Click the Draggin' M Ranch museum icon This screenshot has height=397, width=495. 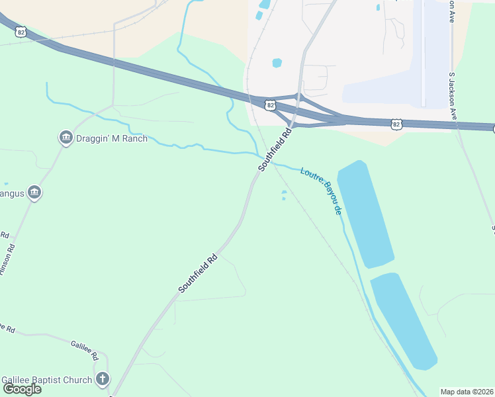coord(66,138)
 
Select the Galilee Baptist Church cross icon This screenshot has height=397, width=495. coord(102,379)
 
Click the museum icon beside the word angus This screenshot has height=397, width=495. coord(34,193)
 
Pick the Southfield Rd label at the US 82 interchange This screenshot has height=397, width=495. coord(275,150)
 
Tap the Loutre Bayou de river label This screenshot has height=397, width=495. coord(322,191)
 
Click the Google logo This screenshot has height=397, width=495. coord(22,388)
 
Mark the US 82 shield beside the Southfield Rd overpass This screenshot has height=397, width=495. coord(269,105)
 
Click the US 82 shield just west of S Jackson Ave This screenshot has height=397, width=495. coord(396,124)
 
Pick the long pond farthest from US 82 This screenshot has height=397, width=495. coord(404,320)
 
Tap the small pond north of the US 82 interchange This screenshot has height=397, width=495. coord(277,64)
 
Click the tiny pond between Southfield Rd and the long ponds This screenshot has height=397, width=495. coord(284,195)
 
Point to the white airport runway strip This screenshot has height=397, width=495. coord(424,53)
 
